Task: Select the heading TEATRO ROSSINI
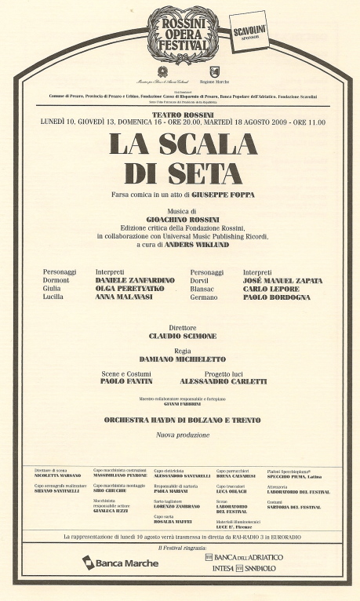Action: click(x=180, y=113)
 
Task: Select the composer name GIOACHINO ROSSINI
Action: click(x=180, y=220)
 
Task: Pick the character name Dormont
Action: click(x=56, y=280)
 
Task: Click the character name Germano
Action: click(x=205, y=297)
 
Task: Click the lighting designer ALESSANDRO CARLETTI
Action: click(x=223, y=381)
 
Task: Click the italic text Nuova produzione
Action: click(x=180, y=434)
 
